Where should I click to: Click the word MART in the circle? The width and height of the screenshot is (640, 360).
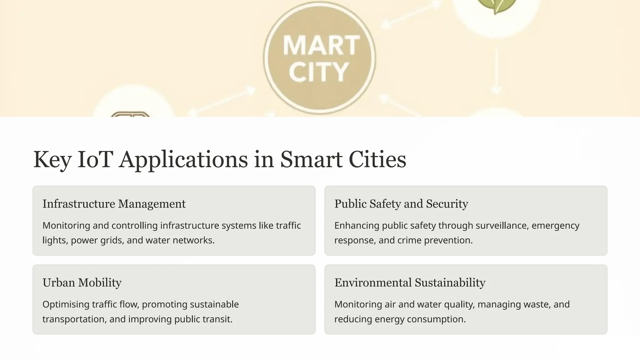coord(321,45)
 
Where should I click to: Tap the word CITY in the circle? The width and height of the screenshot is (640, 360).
coord(318,72)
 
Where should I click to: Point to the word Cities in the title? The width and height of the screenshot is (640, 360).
coord(377,159)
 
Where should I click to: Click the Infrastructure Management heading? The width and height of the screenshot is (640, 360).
coord(114,204)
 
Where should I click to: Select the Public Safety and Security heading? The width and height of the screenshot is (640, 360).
coord(401,204)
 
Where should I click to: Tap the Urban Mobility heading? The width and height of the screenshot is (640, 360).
coord(82,282)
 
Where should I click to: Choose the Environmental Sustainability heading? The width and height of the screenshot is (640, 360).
coord(410,282)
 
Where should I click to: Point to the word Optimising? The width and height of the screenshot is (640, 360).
coord(66,304)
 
